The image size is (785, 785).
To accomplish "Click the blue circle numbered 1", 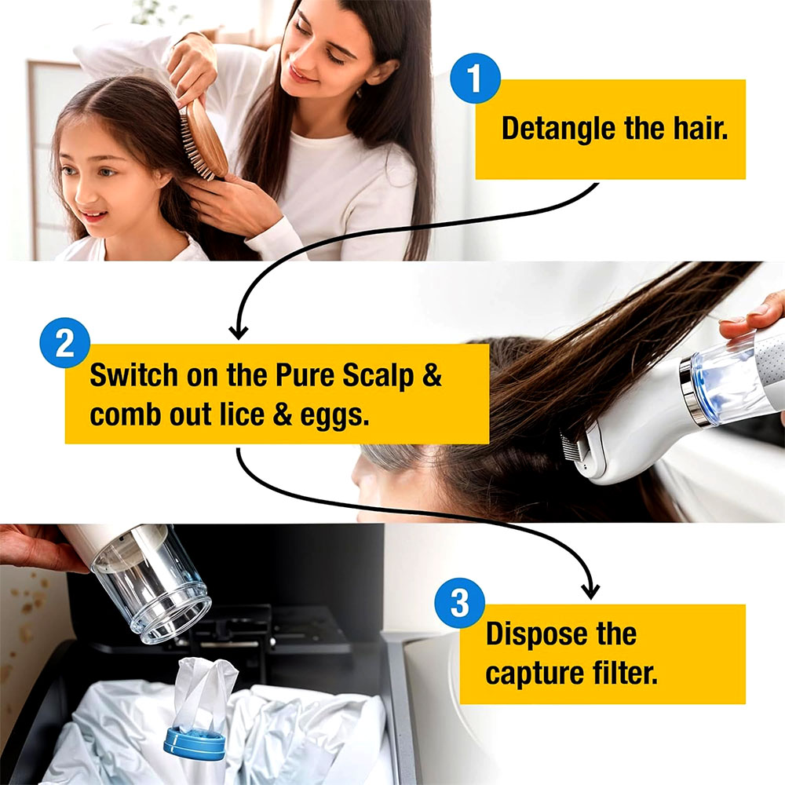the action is pos(475,78).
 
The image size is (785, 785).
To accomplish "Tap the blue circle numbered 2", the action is pos(64,343).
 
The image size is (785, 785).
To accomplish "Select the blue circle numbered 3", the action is pos(459,603).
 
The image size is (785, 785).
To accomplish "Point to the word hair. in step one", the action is pos(700,128).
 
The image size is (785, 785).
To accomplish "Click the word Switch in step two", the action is pos(133,374).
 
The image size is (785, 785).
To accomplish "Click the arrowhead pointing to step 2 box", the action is pos(239,331).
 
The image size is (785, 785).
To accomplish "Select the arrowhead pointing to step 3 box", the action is pos(591,591).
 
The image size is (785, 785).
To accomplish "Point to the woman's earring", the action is pos(359,93).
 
